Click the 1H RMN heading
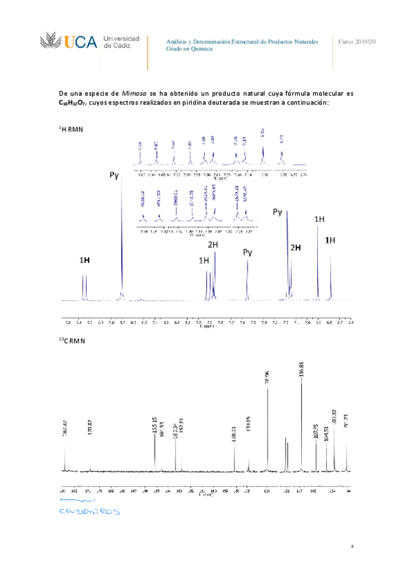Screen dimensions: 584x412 point(70,129)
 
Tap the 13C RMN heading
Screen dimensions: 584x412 point(71,342)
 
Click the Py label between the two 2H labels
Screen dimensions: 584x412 point(248,253)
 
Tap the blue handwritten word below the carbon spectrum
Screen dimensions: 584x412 point(89,512)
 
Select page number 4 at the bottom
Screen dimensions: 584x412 point(351,547)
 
